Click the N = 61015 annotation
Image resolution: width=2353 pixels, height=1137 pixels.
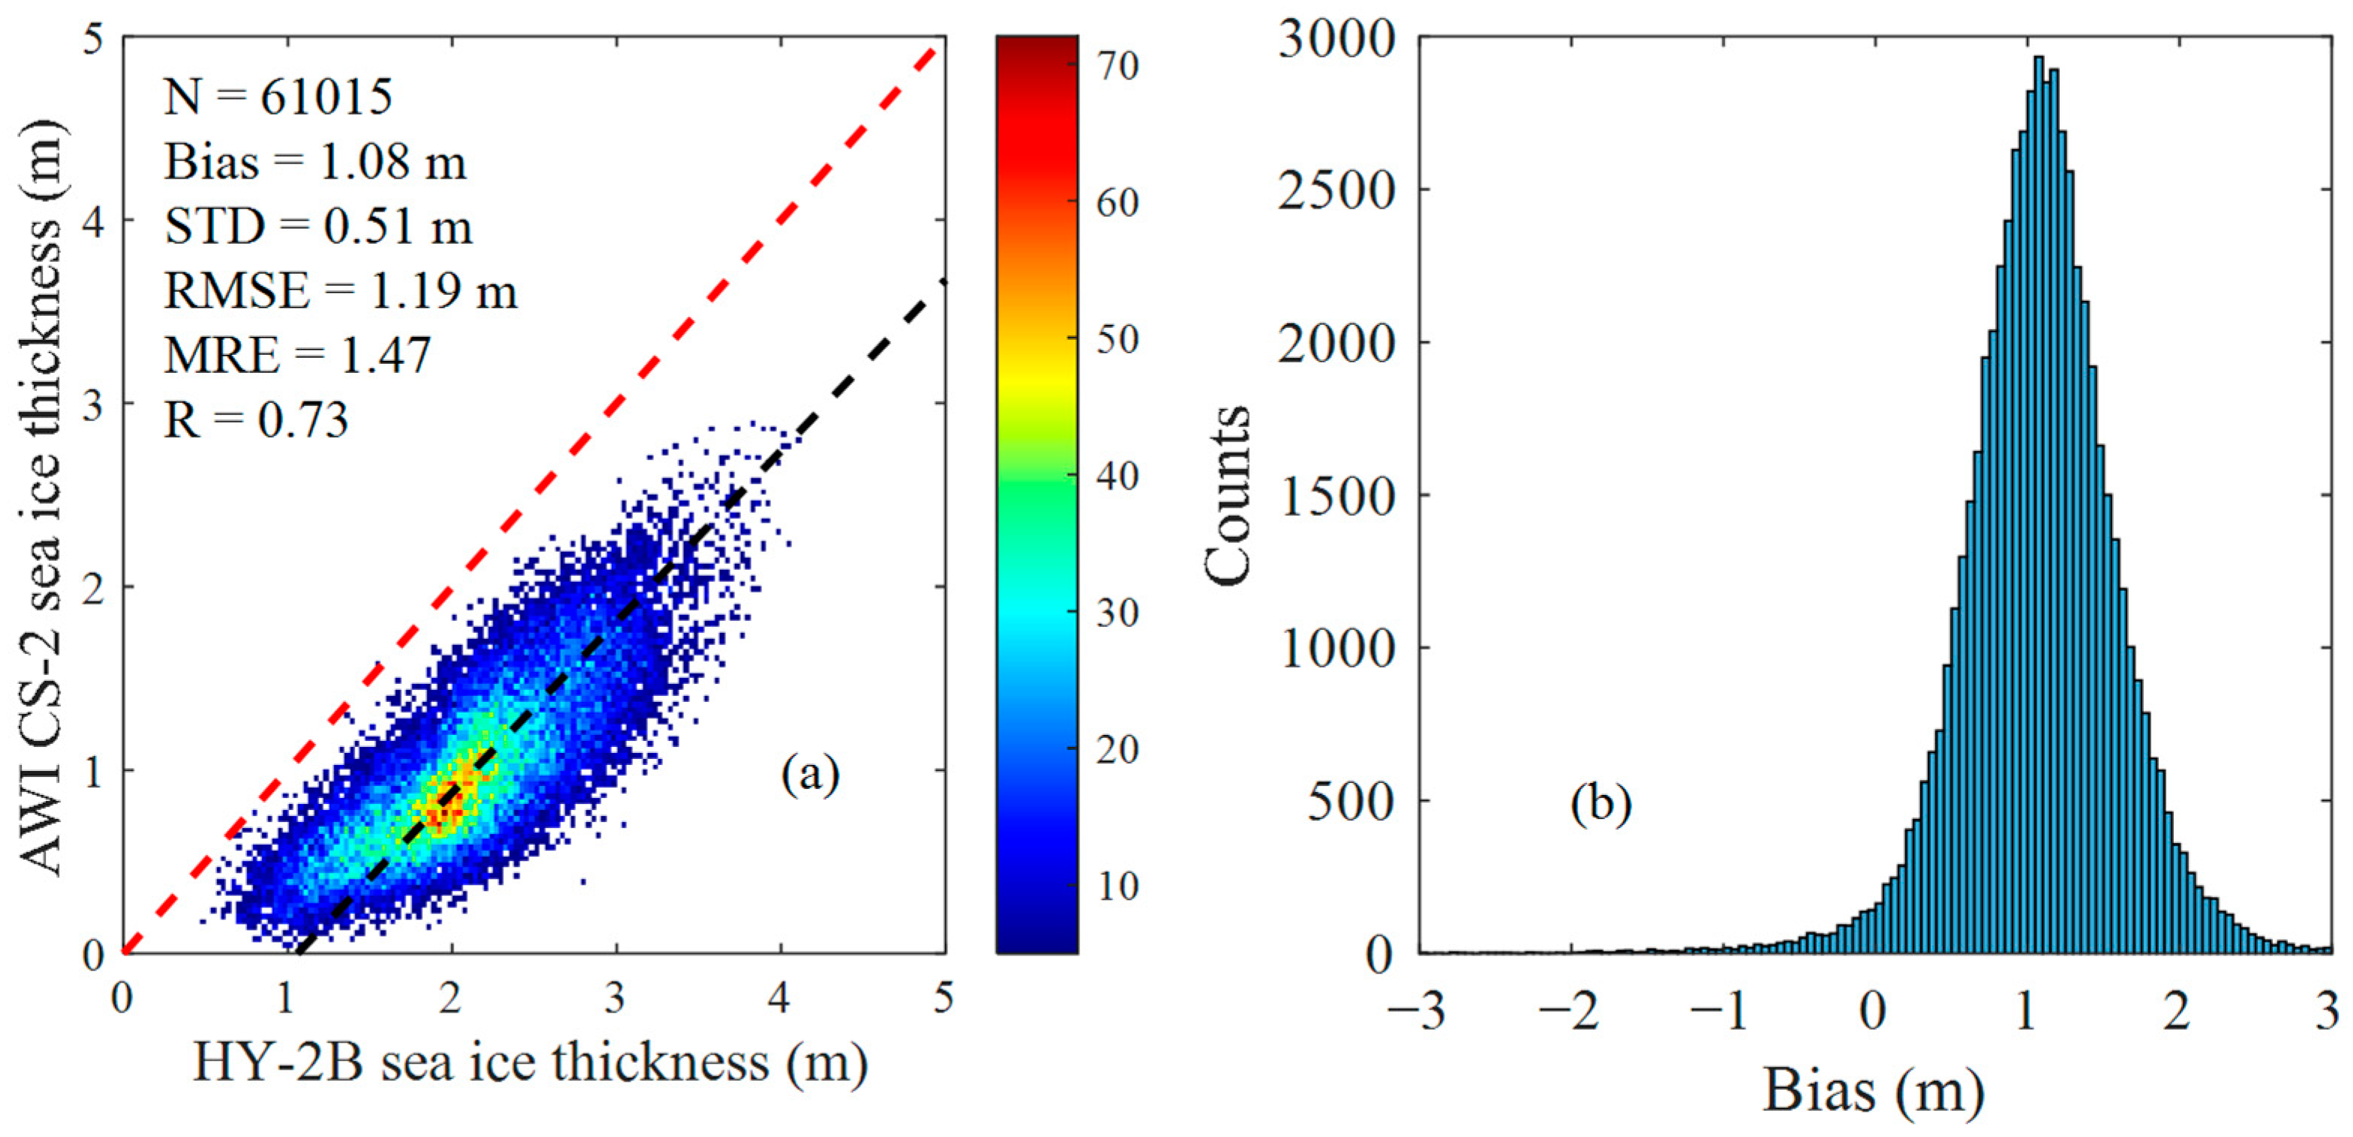(278, 97)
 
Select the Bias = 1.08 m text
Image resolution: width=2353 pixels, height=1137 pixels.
(315, 163)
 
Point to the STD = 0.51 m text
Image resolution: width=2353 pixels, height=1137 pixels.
(318, 226)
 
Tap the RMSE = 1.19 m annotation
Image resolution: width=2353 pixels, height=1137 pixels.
(340, 291)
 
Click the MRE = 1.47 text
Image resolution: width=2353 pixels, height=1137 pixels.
(297, 355)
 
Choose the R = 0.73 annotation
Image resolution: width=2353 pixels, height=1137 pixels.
(256, 420)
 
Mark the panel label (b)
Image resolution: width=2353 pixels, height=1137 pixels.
(1601, 805)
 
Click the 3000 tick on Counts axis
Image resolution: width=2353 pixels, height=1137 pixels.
(1337, 40)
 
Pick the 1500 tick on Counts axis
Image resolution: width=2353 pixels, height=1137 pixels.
(1337, 496)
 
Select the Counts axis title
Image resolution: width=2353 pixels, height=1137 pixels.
(1226, 495)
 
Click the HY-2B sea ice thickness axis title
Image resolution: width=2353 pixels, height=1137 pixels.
(530, 1063)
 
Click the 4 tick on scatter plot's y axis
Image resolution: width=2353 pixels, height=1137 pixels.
(93, 222)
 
